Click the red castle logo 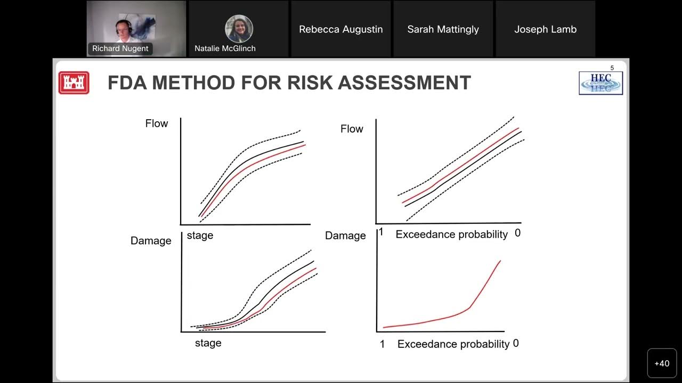point(74,83)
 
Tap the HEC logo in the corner point(600,83)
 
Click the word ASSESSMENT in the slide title point(404,83)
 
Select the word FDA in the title point(130,83)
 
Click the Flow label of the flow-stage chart point(157,123)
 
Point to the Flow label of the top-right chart point(352,129)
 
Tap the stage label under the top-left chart point(200,235)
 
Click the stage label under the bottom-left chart point(208,343)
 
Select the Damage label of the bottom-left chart point(151,241)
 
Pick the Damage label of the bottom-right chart point(345,236)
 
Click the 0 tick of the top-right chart point(517,233)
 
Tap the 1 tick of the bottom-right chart point(382,344)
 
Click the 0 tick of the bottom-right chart point(516,344)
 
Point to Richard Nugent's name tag point(120,48)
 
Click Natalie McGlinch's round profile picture point(239,29)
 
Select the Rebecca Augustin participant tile point(341,29)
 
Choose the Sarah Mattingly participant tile point(443,29)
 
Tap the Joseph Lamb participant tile point(546,29)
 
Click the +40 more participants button point(662,363)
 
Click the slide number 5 point(612,68)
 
